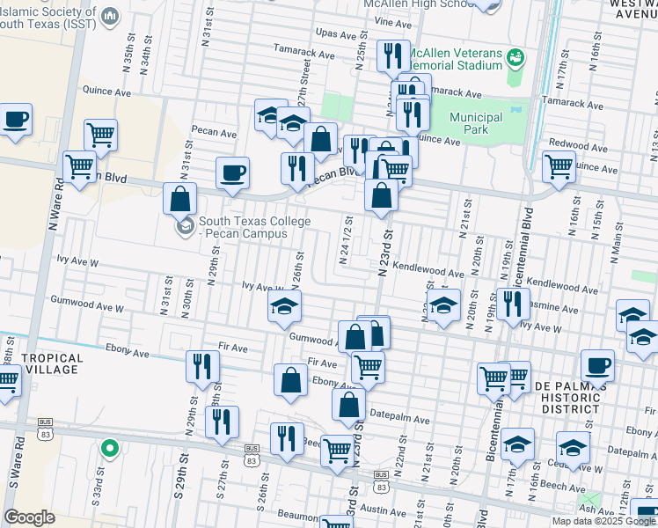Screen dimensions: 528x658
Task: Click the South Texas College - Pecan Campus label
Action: [x=242, y=228]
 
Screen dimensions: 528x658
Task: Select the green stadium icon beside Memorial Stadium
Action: [x=515, y=58]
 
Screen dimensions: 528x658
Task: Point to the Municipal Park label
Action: [x=475, y=124]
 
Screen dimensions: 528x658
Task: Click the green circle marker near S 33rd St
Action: [x=109, y=449]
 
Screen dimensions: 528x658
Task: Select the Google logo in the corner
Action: [x=30, y=517]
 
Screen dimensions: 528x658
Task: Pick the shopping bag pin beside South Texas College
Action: [x=179, y=200]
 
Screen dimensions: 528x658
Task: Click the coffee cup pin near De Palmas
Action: [x=597, y=365]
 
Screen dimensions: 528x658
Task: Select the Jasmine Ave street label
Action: [x=559, y=310]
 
